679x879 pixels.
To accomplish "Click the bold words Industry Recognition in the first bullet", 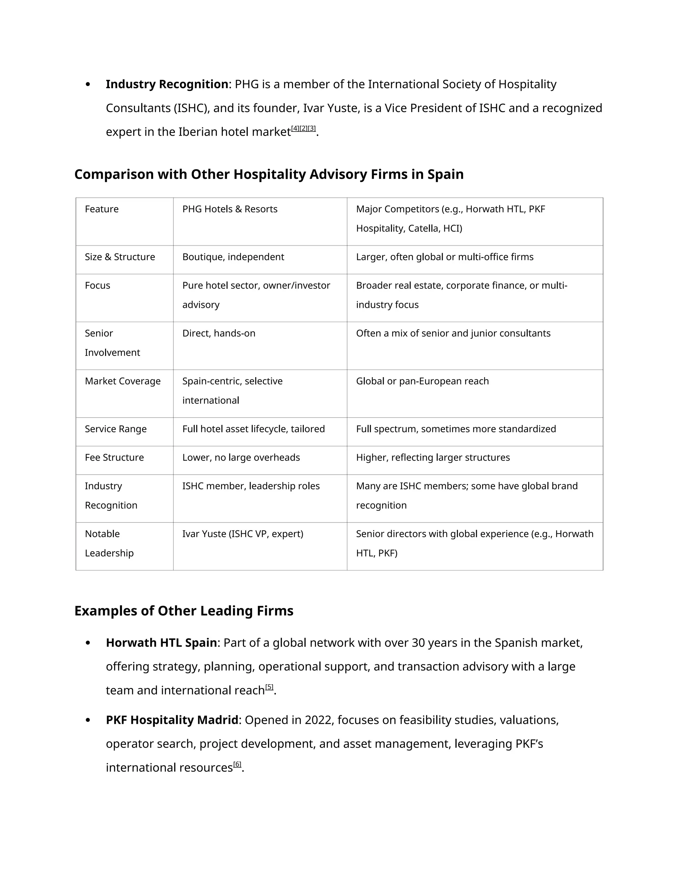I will (166, 84).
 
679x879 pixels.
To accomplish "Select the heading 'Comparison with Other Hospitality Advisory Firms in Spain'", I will (269, 174).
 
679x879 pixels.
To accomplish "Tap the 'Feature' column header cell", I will (102, 209).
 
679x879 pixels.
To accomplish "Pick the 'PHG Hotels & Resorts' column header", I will (230, 209).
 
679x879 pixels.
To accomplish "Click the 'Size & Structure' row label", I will (120, 257).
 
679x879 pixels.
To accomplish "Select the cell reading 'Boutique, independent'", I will (233, 257).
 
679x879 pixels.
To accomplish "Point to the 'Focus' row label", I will (97, 285).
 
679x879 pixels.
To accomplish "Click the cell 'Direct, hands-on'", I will (218, 333).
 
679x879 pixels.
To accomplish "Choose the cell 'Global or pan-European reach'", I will (422, 381).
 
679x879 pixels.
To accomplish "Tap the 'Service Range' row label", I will (115, 429).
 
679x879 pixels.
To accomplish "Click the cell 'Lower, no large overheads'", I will (241, 458).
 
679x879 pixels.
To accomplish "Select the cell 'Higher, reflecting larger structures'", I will (432, 458).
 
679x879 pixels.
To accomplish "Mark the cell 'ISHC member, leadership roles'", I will (251, 486).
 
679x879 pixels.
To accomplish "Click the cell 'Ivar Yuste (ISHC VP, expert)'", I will (243, 534).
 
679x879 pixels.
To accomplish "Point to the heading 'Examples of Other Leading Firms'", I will (184, 611).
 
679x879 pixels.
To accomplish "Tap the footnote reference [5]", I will (269, 687).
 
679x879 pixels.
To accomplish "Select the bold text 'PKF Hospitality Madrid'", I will (172, 720).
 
